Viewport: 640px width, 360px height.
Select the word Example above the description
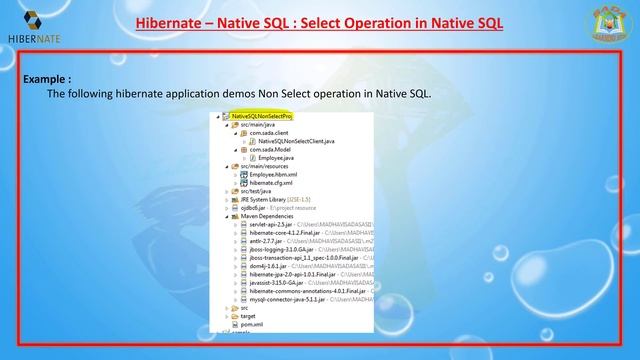pos(47,77)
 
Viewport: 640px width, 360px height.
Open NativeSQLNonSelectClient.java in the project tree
pos(294,141)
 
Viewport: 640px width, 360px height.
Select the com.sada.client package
pos(272,133)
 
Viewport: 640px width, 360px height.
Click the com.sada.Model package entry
pos(272,150)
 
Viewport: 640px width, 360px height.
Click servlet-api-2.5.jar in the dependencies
pos(271,224)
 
